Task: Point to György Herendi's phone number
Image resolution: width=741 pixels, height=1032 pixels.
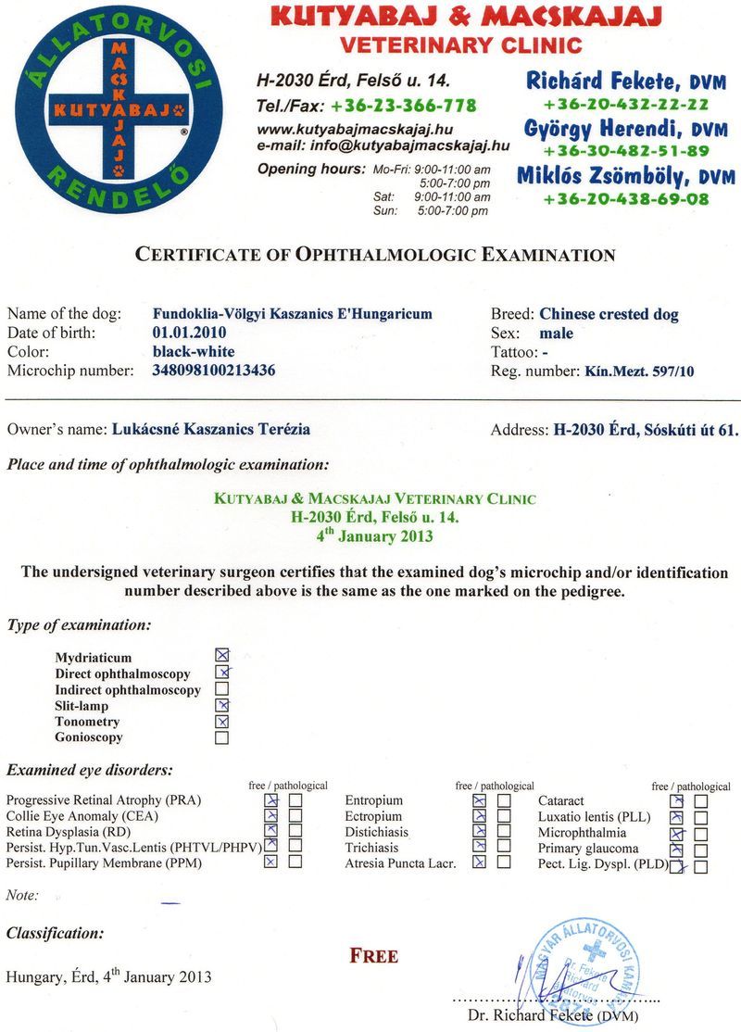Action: pyautogui.click(x=626, y=151)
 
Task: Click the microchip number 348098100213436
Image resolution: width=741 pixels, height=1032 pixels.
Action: pyautogui.click(x=213, y=371)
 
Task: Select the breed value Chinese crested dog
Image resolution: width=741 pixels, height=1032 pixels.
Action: pyautogui.click(x=609, y=314)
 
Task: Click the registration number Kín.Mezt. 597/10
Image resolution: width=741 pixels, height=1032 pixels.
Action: pyautogui.click(x=639, y=371)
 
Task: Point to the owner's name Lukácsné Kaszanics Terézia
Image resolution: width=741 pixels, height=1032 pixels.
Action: pyautogui.click(x=211, y=429)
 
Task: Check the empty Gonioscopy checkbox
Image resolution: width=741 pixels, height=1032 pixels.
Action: pyautogui.click(x=221, y=738)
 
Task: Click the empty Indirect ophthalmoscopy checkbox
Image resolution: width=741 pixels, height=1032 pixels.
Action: pyautogui.click(x=221, y=689)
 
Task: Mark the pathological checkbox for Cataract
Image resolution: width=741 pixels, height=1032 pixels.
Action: pyautogui.click(x=700, y=801)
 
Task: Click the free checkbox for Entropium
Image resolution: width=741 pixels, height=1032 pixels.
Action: pyautogui.click(x=479, y=800)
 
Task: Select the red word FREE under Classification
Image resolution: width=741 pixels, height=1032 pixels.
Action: pyautogui.click(x=374, y=956)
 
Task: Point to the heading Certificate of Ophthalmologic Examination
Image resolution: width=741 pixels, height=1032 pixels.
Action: pyautogui.click(x=375, y=255)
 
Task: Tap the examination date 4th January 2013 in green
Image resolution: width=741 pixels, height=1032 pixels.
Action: pyautogui.click(x=374, y=535)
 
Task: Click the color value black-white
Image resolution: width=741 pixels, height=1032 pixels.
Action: pyautogui.click(x=193, y=351)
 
